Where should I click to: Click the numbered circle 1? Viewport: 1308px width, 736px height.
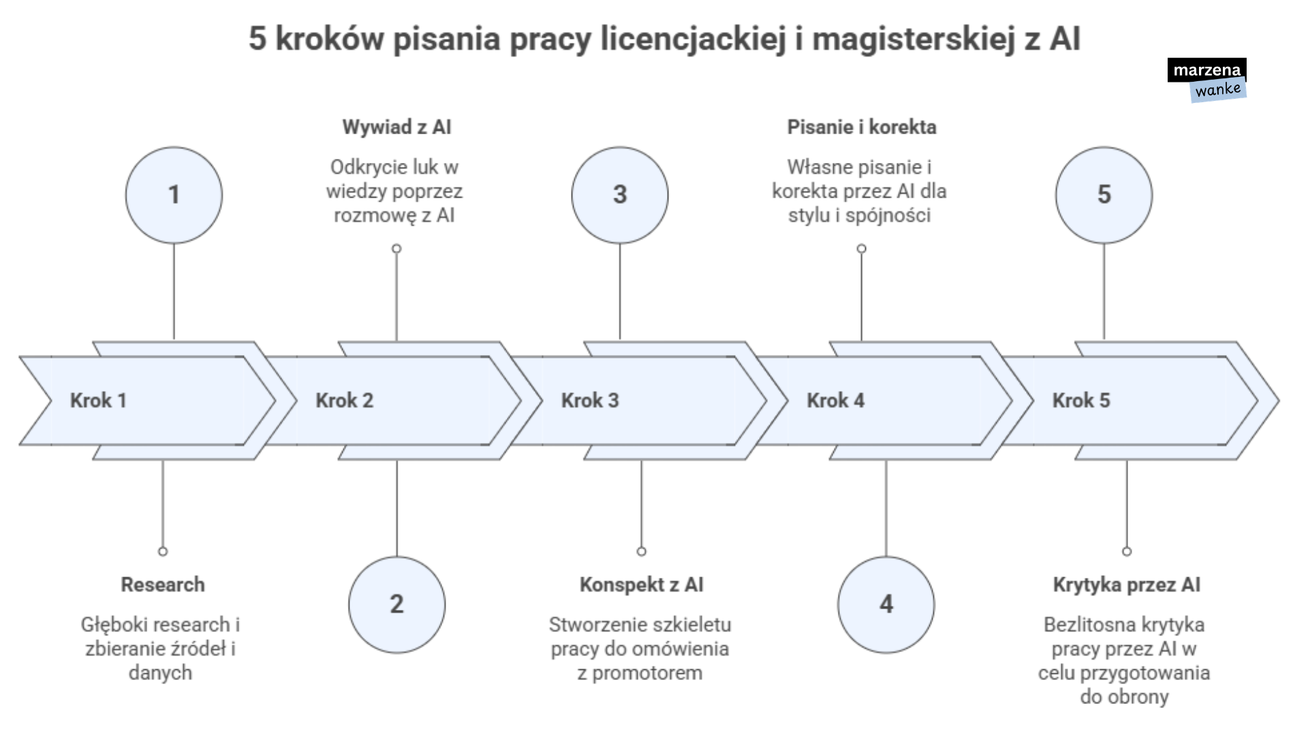(x=174, y=195)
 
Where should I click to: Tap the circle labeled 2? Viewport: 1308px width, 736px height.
(x=396, y=604)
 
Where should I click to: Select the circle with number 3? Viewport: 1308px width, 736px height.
(x=620, y=195)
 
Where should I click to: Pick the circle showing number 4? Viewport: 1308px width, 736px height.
(x=886, y=604)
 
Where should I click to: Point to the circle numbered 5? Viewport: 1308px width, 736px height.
(x=1104, y=195)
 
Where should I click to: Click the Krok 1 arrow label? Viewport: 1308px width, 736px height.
(x=99, y=401)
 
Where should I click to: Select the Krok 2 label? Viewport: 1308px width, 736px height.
(x=345, y=401)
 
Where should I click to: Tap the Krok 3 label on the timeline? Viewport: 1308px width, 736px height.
(x=590, y=401)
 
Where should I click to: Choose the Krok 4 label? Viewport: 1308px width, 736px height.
(x=836, y=401)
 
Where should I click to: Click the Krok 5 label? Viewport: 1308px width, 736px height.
(x=1081, y=401)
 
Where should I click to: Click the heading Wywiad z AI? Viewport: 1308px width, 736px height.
(x=396, y=127)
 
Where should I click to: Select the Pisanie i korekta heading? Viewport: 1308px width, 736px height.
(x=862, y=127)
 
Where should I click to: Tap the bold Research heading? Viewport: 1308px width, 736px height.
(x=163, y=585)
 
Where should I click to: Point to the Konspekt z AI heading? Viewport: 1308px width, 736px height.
(x=641, y=585)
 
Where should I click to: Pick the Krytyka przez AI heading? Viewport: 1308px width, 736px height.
(x=1127, y=585)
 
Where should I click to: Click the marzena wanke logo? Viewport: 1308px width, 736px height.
(x=1207, y=80)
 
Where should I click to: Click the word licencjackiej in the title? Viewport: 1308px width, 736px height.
(x=693, y=39)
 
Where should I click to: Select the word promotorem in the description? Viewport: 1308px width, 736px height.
(x=647, y=673)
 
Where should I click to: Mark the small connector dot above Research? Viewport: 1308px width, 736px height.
(x=163, y=551)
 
